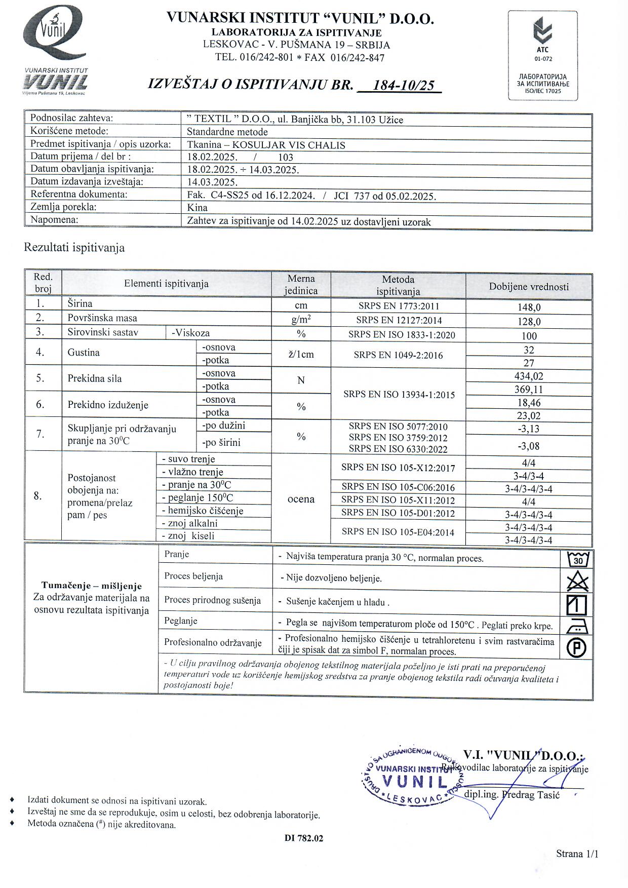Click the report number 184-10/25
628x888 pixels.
[403, 85]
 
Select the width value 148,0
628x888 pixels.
[529, 307]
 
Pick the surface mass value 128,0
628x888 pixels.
[529, 322]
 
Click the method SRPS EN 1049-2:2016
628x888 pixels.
[398, 355]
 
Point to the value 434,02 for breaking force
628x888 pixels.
[529, 376]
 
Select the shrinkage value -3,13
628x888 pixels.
[529, 429]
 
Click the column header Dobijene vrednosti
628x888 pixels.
[529, 287]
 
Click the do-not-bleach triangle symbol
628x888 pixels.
[577, 581]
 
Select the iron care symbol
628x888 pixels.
[577, 627]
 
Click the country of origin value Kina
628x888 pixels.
[198, 208]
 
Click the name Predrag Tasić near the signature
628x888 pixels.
[532, 795]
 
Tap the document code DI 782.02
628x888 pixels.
[304, 838]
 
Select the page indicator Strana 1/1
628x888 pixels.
[577, 854]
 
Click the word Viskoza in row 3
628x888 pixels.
[192, 333]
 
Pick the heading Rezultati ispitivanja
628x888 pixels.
[74, 248]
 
